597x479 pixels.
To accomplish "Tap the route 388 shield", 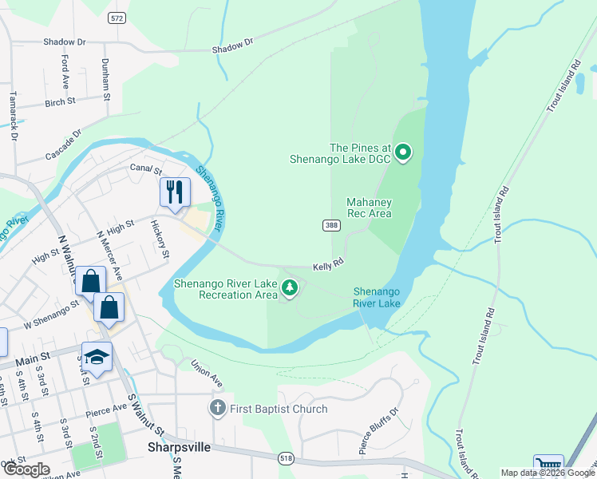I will coord(331,226).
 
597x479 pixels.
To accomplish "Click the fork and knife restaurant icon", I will coord(175,192).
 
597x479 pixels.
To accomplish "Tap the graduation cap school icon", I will coord(97,357).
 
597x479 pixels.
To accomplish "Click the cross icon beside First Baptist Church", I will coord(217,409).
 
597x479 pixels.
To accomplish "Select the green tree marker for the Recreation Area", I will coord(290,288).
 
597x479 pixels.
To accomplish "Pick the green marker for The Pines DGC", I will coord(403,151).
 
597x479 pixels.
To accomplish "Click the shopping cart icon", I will coord(548,466).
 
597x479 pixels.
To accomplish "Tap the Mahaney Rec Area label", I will coord(369,208).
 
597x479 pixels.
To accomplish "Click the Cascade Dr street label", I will coord(64,143).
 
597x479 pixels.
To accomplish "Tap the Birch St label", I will coord(60,102).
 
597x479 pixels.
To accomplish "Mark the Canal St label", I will coord(145,169).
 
